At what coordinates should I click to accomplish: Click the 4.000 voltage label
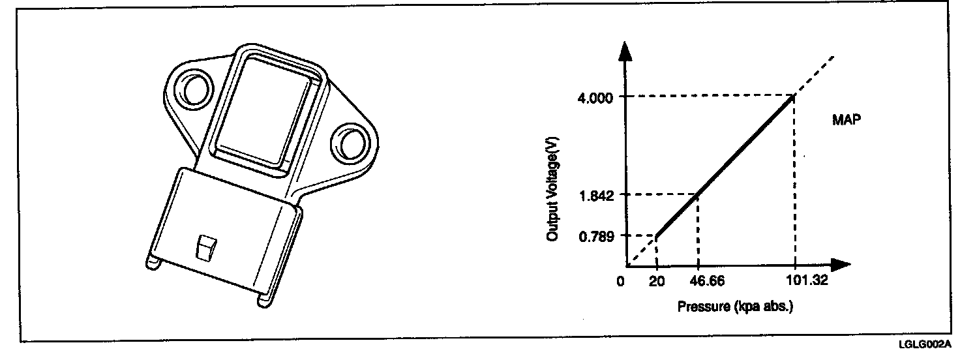(x=595, y=98)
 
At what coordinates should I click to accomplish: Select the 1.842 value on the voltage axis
(x=596, y=196)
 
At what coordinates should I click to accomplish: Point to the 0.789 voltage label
(x=596, y=237)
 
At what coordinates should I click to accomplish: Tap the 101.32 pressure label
(x=807, y=280)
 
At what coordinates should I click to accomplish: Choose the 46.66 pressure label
(x=707, y=281)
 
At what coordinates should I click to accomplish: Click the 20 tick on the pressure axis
(x=657, y=282)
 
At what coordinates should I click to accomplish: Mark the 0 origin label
(x=620, y=282)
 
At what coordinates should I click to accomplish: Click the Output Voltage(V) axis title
(x=553, y=188)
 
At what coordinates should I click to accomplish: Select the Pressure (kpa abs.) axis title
(x=735, y=307)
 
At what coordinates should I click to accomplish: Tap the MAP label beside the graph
(x=847, y=119)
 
